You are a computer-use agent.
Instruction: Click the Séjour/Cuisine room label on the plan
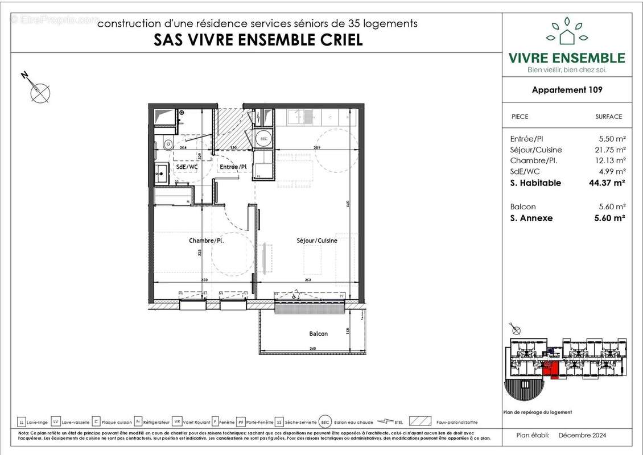click(317, 241)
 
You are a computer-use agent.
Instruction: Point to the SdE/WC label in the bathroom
click(186, 167)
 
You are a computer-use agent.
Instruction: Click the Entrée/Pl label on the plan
click(233, 167)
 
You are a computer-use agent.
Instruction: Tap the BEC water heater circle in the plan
click(263, 139)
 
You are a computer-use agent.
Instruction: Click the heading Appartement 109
click(567, 90)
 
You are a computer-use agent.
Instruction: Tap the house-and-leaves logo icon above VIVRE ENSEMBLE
click(566, 32)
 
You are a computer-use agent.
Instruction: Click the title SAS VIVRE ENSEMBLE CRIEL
click(258, 40)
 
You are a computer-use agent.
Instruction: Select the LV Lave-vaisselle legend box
click(56, 422)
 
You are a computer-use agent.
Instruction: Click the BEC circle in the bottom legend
click(325, 422)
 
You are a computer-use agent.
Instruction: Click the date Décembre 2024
click(582, 435)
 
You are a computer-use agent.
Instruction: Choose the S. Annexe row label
click(531, 218)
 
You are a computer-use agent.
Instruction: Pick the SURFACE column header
click(608, 117)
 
